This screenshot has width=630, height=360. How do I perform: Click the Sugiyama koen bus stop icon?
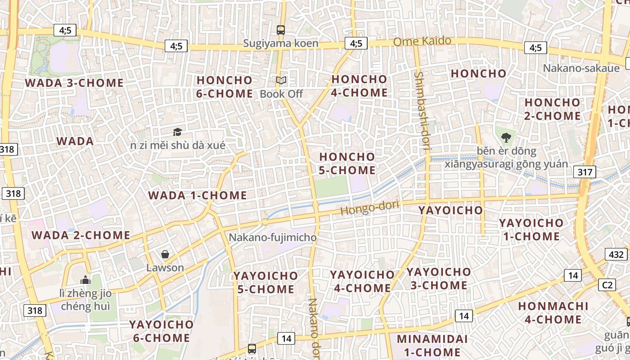tap(281, 30)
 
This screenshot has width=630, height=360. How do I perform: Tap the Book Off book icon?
tap(281, 81)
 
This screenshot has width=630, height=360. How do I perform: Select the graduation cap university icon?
tap(178, 132)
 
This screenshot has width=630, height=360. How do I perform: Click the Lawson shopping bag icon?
tap(165, 254)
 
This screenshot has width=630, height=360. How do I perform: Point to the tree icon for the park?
tap(506, 137)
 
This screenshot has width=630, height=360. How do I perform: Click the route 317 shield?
tap(585, 171)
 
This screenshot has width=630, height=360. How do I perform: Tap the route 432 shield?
tap(616, 254)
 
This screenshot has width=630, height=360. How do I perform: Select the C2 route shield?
tap(608, 285)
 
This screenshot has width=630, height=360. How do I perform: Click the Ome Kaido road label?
tap(422, 41)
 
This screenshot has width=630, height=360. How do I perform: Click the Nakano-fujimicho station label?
tap(273, 237)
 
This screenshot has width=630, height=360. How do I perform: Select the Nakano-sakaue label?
tap(581, 68)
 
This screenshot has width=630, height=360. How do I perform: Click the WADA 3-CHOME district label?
tap(74, 83)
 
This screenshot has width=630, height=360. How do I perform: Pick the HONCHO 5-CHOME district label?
tap(347, 163)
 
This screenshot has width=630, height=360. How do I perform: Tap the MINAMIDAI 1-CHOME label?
tap(432, 345)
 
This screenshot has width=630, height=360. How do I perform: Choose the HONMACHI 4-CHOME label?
tap(553, 313)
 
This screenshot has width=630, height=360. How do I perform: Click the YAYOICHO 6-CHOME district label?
tap(161, 331)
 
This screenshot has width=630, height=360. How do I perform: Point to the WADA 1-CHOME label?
tap(198, 195)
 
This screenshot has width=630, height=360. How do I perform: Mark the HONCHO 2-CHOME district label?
tap(553, 109)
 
